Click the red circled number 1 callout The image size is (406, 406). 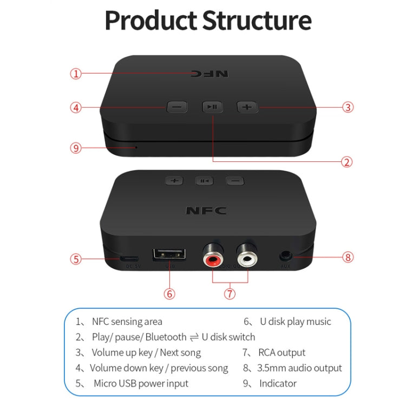76,74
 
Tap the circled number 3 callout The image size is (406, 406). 348,107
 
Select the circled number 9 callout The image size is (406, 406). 76,148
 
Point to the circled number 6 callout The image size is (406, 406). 169,294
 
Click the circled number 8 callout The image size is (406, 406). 348,257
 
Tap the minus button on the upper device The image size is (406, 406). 177,107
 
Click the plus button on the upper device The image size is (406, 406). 247,107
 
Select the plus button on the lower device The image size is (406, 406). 174,180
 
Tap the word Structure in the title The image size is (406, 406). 257,20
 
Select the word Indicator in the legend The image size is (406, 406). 278,383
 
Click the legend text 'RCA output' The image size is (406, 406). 281,353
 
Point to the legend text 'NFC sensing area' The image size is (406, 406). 127,322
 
